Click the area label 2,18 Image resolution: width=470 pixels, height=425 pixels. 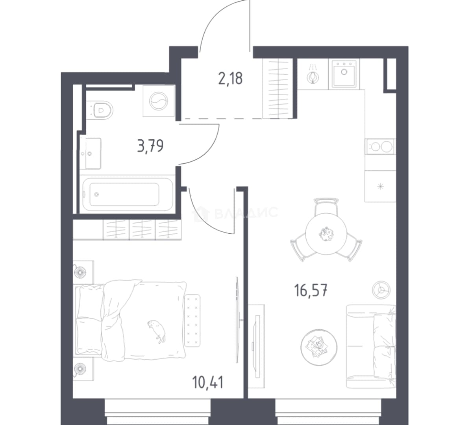click(x=230, y=79)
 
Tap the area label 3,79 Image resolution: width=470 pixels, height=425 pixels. click(x=150, y=146)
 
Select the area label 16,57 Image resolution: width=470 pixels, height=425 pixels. click(x=311, y=291)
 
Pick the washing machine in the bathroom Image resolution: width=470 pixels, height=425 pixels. click(x=159, y=101)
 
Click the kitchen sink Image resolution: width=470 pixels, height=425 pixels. click(x=344, y=74)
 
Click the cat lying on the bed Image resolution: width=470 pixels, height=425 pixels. click(x=157, y=331)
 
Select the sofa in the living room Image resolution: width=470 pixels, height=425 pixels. click(x=371, y=346)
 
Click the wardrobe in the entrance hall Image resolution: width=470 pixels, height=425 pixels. click(x=277, y=88)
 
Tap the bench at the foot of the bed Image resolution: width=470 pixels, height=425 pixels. click(x=192, y=320)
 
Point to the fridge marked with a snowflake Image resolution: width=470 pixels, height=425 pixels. click(x=380, y=186)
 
